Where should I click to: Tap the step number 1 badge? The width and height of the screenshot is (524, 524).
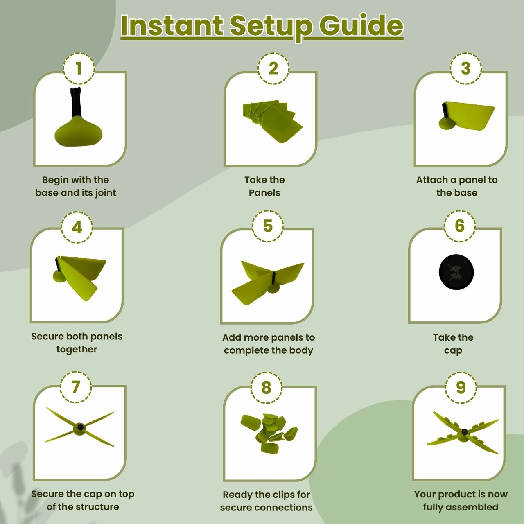79,68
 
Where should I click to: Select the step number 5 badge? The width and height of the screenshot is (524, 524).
268,226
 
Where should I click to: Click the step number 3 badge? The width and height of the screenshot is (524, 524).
466,68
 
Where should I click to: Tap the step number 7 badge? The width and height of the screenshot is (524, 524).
76,386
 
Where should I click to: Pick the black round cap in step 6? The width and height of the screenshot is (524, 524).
456,272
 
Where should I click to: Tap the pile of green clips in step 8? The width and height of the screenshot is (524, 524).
269,434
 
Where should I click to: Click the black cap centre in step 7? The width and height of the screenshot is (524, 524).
80,427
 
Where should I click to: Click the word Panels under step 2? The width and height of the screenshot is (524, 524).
264,193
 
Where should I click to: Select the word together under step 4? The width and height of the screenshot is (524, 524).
77,350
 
